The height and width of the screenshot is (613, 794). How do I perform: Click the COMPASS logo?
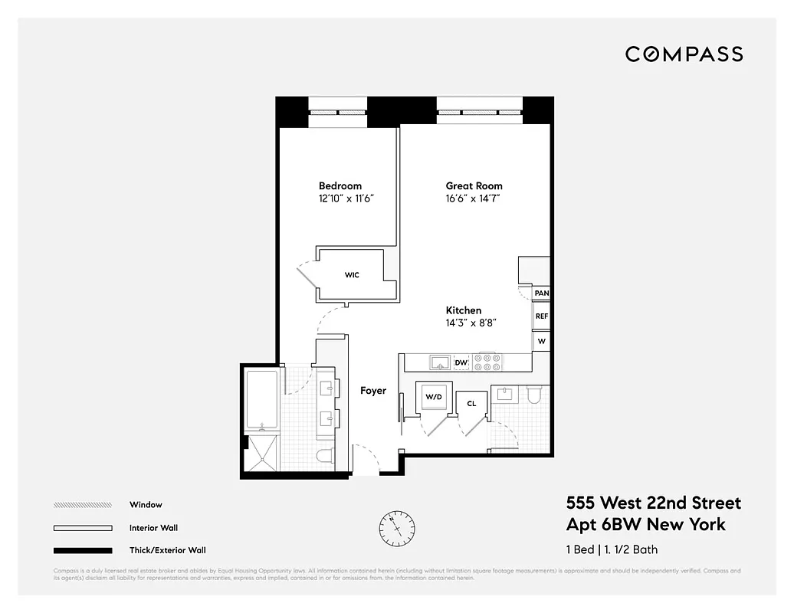pyautogui.click(x=684, y=54)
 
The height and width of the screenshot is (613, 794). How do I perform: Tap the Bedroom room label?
pyautogui.click(x=340, y=186)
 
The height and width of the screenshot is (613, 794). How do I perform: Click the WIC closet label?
pyautogui.click(x=352, y=275)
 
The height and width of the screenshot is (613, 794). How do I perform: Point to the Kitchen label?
pyautogui.click(x=464, y=310)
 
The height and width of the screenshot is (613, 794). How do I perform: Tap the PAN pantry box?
pyautogui.click(x=541, y=293)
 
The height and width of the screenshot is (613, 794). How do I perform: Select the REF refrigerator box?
pyautogui.click(x=541, y=316)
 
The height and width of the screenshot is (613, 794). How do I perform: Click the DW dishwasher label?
pyautogui.click(x=461, y=362)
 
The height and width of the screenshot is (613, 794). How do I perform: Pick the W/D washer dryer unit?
pyautogui.click(x=434, y=397)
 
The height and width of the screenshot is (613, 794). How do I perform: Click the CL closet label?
pyautogui.click(x=471, y=404)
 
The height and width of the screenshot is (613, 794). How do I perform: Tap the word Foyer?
pyautogui.click(x=373, y=391)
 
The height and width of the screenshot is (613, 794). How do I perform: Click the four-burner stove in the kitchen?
pyautogui.click(x=487, y=362)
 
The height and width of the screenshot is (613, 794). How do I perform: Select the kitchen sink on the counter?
pyautogui.click(x=438, y=362)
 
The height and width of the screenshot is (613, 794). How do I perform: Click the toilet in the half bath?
pyautogui.click(x=534, y=395)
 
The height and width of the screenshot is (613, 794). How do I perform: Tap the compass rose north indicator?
pyautogui.click(x=396, y=526)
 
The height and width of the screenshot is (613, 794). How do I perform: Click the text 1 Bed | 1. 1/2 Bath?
pyautogui.click(x=611, y=549)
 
